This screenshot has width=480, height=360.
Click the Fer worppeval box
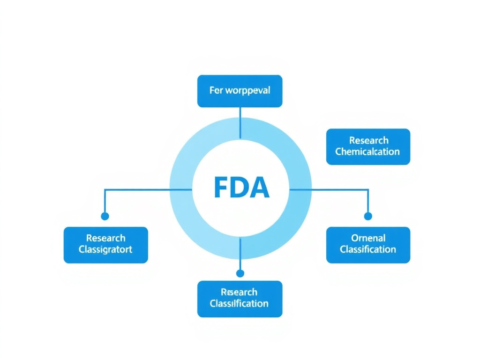[x=240, y=91]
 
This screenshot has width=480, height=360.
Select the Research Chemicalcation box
[x=368, y=146]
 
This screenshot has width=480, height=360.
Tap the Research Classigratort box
[x=105, y=245]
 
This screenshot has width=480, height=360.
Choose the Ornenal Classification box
[x=368, y=245]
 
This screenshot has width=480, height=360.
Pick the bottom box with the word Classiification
[x=240, y=299]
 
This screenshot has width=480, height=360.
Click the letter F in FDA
[x=220, y=187]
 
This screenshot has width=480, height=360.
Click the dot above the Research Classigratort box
[x=105, y=216]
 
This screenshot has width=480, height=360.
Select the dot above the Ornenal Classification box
[x=368, y=216]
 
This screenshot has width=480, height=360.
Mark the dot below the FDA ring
[x=240, y=273]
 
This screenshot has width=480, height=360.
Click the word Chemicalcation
[x=368, y=152]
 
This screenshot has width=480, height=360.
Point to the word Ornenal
[x=368, y=238]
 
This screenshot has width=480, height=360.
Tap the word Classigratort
[x=105, y=249]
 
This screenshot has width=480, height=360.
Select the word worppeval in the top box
[x=247, y=91]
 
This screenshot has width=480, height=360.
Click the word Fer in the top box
[x=216, y=90]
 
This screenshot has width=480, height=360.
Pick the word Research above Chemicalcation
[x=368, y=140]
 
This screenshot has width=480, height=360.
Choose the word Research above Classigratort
[x=105, y=238]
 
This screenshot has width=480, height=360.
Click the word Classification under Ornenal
[x=368, y=250]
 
